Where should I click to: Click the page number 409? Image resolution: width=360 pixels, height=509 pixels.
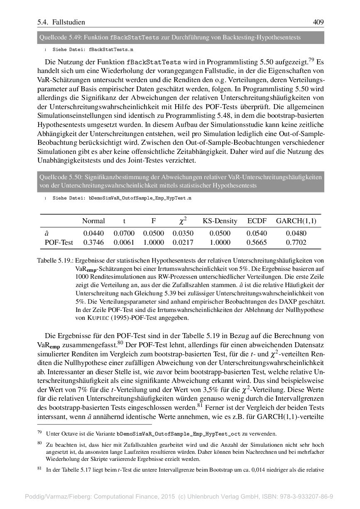tap(318, 22)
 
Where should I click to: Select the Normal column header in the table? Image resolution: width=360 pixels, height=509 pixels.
tap(93, 221)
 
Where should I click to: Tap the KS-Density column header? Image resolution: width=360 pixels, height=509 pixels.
tap(220, 221)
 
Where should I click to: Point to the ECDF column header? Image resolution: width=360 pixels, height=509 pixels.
tap(257, 221)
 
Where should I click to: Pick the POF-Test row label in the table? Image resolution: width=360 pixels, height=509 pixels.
tap(59, 243)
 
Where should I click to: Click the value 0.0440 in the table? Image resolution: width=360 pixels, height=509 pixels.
tap(93, 234)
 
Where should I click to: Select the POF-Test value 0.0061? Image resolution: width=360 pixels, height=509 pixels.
tap(124, 243)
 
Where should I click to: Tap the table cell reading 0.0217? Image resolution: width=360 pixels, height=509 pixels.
tap(183, 243)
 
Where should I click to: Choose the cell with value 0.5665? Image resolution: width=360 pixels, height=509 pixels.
tap(257, 243)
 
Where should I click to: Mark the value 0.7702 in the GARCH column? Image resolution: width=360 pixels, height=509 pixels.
tap(296, 243)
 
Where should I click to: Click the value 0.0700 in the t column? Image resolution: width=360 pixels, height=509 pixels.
tap(124, 234)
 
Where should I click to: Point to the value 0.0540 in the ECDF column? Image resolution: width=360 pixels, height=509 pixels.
tap(257, 234)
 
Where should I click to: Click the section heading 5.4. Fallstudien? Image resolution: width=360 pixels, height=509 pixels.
tap(61, 22)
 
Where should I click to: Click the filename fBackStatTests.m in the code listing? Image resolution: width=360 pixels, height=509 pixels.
tap(111, 49)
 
